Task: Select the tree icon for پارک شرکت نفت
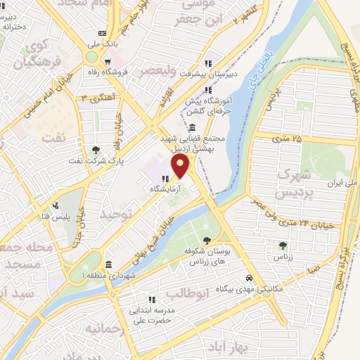pos(95,149)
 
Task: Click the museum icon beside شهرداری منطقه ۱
pos(108,265)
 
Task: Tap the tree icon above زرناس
pos(283,245)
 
